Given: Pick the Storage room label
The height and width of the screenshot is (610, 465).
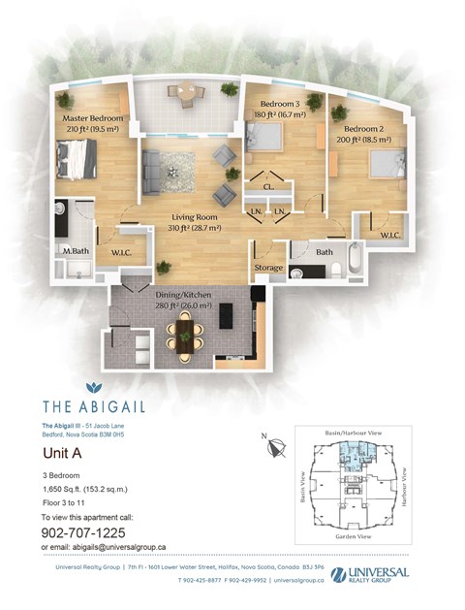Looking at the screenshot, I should tap(268, 268).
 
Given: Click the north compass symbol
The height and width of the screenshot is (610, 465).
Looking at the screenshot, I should tap(278, 448).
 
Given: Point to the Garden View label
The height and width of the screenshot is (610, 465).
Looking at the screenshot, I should tap(354, 537).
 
